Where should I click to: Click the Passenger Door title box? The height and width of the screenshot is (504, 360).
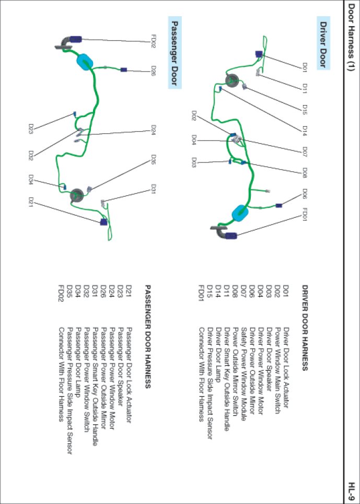coord(176,52)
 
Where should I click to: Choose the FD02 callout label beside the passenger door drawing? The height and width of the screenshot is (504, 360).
coord(154,41)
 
